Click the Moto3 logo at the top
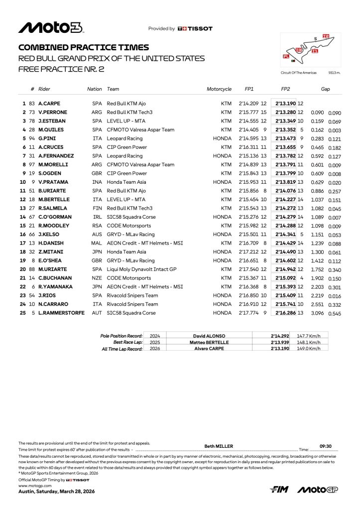click(50, 28)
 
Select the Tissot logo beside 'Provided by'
click(195, 29)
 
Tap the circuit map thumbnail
click(311, 50)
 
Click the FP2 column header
click(285, 89)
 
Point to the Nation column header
click(94, 89)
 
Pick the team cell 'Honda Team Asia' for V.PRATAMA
click(125, 182)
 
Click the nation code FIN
click(97, 208)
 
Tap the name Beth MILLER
click(219, 446)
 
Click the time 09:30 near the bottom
click(326, 446)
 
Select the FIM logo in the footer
click(279, 490)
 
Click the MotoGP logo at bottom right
click(317, 490)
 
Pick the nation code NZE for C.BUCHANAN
click(97, 277)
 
